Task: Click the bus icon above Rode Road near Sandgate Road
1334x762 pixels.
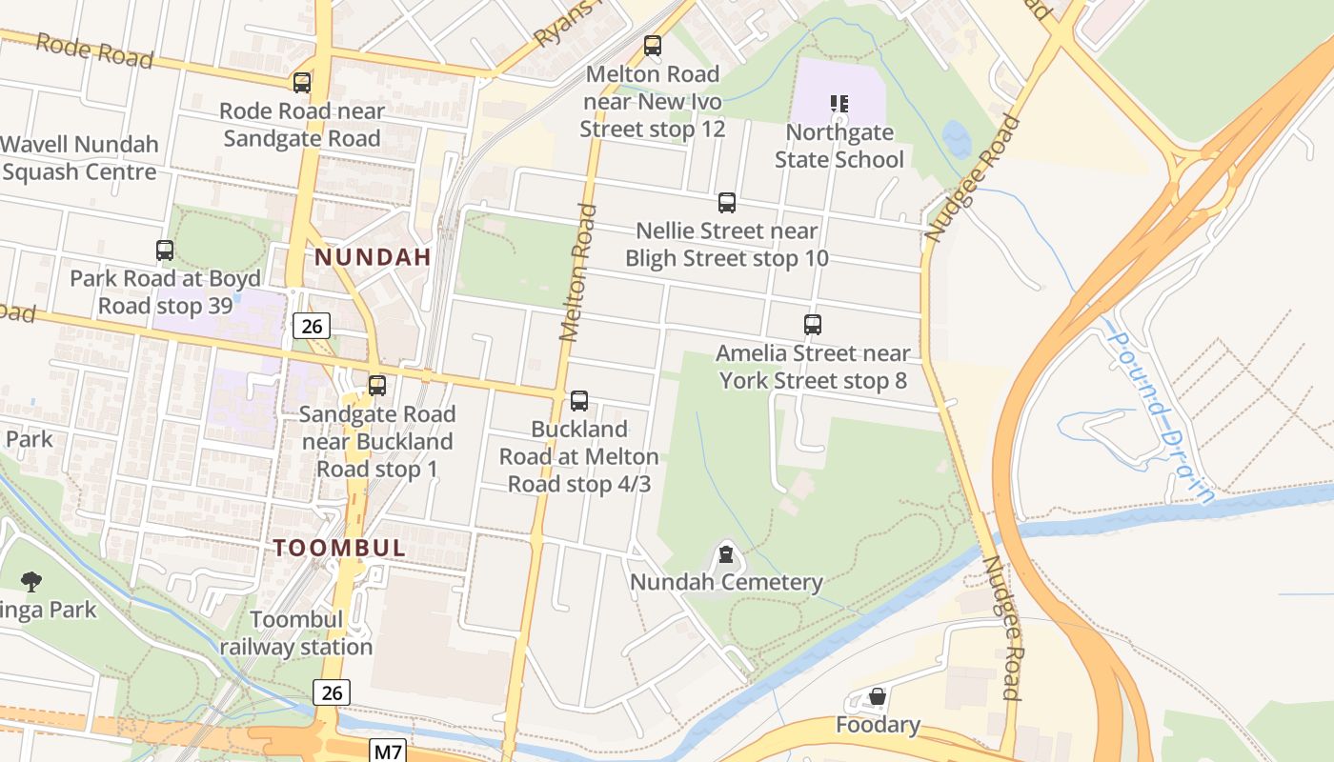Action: [x=302, y=83]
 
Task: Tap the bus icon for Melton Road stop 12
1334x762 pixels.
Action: [x=653, y=45]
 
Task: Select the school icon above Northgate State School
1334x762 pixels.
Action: [x=839, y=104]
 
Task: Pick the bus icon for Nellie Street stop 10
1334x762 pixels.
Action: [x=727, y=202]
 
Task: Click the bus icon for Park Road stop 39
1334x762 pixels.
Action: [x=165, y=251]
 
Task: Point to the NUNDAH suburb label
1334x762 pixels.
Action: [x=373, y=257]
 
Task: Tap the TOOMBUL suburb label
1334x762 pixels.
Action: [x=340, y=549]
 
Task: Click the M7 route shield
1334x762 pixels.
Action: [x=387, y=752]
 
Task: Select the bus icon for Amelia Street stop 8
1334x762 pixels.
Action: [x=813, y=325]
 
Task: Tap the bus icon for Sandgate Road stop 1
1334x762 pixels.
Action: [x=377, y=386]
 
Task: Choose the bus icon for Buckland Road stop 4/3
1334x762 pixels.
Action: [x=579, y=401]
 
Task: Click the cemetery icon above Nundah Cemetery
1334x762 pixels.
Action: [x=727, y=553]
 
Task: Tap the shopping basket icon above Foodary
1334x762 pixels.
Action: [x=878, y=697]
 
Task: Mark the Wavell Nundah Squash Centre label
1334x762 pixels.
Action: [x=79, y=158]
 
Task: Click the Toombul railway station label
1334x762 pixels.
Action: [x=296, y=633]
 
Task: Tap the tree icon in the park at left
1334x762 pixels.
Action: [x=31, y=581]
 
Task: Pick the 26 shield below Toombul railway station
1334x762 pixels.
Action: [x=331, y=692]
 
